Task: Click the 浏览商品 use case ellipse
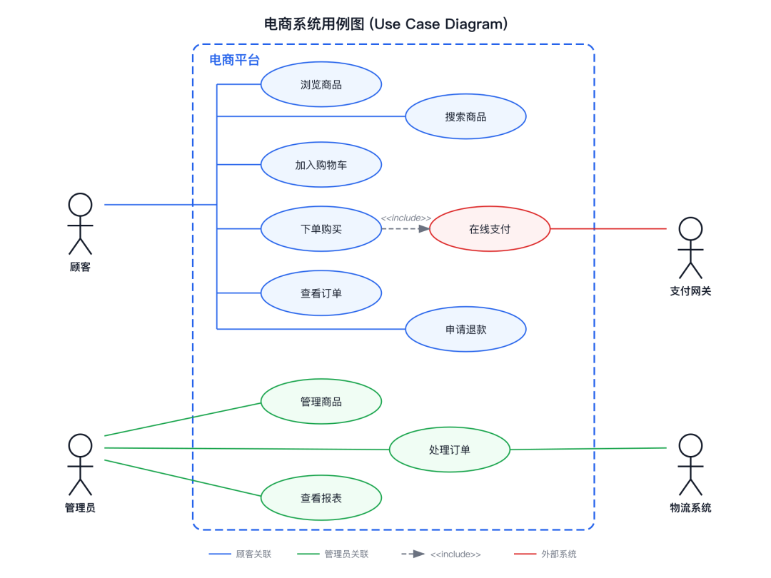(x=321, y=84)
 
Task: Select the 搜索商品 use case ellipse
(x=465, y=116)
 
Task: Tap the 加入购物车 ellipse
(x=321, y=165)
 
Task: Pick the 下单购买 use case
(x=321, y=229)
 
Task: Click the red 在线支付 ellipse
(x=490, y=229)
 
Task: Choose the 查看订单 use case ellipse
(x=321, y=293)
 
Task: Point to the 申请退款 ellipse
(x=465, y=329)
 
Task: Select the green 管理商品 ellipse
(x=321, y=402)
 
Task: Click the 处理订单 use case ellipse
(x=450, y=450)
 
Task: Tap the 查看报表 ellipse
(x=321, y=498)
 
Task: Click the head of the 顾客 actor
(x=80, y=205)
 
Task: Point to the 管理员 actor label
(x=80, y=508)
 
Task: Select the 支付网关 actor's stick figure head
(x=690, y=229)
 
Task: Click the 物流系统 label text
(x=690, y=508)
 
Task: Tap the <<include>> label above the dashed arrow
(x=405, y=218)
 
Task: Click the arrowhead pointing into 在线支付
(x=424, y=229)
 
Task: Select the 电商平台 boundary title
(x=234, y=60)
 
